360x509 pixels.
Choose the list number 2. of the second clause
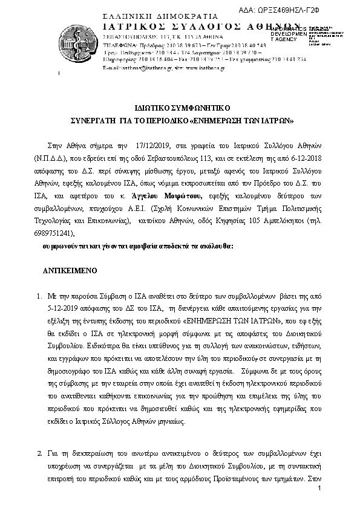click(38, 453)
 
